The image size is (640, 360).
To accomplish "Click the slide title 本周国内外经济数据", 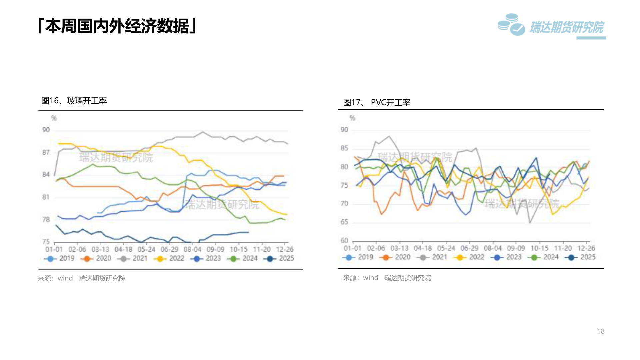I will (x=117, y=26).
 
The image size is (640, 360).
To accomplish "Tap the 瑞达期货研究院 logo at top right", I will (x=552, y=26).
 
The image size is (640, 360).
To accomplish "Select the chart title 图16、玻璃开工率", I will (x=74, y=101).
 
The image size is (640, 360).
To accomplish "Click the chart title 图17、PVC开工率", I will (x=377, y=102).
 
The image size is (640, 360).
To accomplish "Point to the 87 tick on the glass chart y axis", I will (x=46, y=152).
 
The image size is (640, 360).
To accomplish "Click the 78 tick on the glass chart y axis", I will (x=46, y=219).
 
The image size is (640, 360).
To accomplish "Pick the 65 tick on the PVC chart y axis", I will (x=344, y=222).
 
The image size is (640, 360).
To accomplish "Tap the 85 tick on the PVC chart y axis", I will (x=344, y=148).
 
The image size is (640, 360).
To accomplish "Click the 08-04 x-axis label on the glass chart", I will (x=192, y=249).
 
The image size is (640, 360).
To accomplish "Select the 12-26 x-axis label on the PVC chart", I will (x=586, y=248).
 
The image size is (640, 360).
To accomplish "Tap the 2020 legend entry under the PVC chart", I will (x=397, y=257).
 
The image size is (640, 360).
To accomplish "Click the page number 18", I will (x=601, y=331).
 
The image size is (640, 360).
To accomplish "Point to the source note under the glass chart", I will (x=82, y=278).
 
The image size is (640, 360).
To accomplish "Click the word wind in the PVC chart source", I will (x=370, y=278).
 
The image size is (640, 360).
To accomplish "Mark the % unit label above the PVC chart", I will (x=352, y=118).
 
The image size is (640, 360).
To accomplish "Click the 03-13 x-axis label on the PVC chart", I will (x=399, y=248).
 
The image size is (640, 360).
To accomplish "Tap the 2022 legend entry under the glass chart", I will (x=170, y=258).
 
